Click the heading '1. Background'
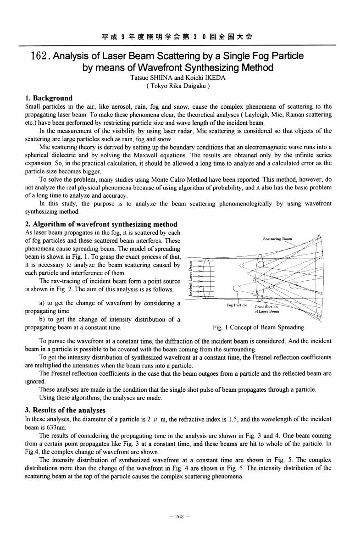[x=48, y=98]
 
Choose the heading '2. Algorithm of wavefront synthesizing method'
[x=101, y=224]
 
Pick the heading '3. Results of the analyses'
[x=65, y=410]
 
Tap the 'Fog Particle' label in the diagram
[x=237, y=305]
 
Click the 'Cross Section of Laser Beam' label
[x=266, y=309]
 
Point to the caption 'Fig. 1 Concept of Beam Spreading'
[x=260, y=328]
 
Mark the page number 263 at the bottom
[x=179, y=517]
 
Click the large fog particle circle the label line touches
[x=237, y=289]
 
